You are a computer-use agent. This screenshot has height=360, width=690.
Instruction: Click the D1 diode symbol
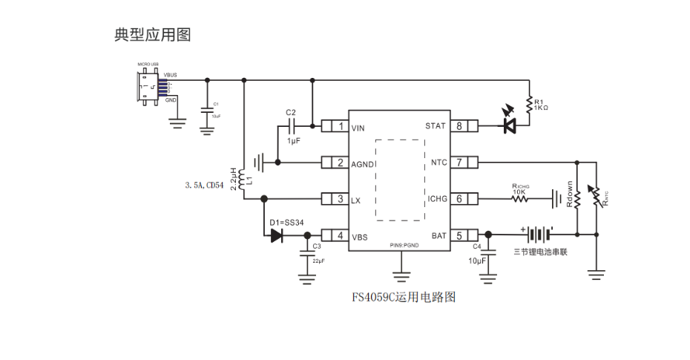point(277,236)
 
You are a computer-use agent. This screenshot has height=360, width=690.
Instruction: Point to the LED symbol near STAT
point(510,125)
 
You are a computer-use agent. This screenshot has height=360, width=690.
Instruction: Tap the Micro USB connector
point(148,88)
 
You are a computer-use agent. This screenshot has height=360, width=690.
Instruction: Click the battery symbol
point(539,235)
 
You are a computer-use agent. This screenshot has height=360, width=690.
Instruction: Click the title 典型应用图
point(152,35)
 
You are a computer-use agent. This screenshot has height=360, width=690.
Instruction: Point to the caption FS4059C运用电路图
point(403,298)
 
